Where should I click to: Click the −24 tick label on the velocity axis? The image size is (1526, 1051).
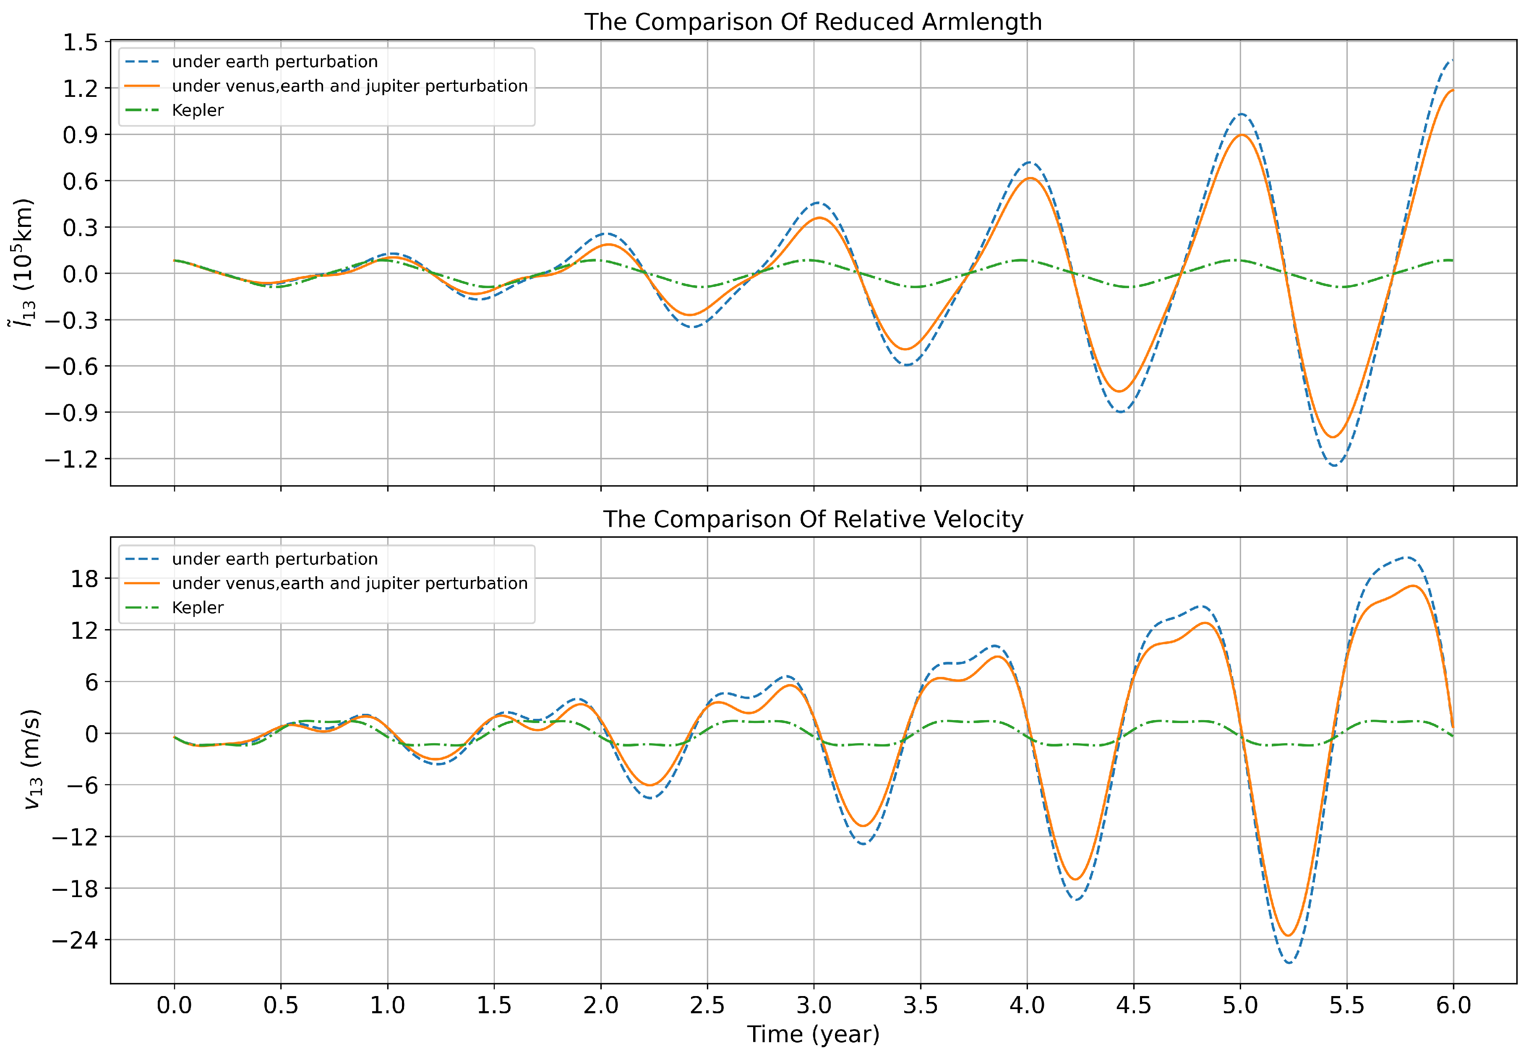click(x=74, y=940)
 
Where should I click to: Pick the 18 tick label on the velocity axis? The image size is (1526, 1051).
click(x=84, y=579)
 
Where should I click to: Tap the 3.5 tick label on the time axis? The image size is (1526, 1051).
click(x=920, y=1006)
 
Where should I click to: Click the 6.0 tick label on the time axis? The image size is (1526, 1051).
click(x=1453, y=1006)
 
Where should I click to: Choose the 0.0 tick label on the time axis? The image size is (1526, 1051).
click(x=175, y=1006)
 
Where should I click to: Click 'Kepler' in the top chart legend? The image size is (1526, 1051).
click(x=198, y=110)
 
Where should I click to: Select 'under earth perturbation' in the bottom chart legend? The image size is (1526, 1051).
click(x=275, y=559)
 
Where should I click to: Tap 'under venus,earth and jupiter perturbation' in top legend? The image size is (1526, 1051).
click(x=350, y=86)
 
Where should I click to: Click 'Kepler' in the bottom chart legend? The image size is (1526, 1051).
click(x=198, y=607)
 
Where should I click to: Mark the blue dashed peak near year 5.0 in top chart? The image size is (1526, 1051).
click(x=1241, y=114)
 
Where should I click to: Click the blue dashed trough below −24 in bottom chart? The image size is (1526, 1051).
click(x=1289, y=963)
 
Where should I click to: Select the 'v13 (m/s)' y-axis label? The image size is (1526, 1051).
click(x=31, y=759)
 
